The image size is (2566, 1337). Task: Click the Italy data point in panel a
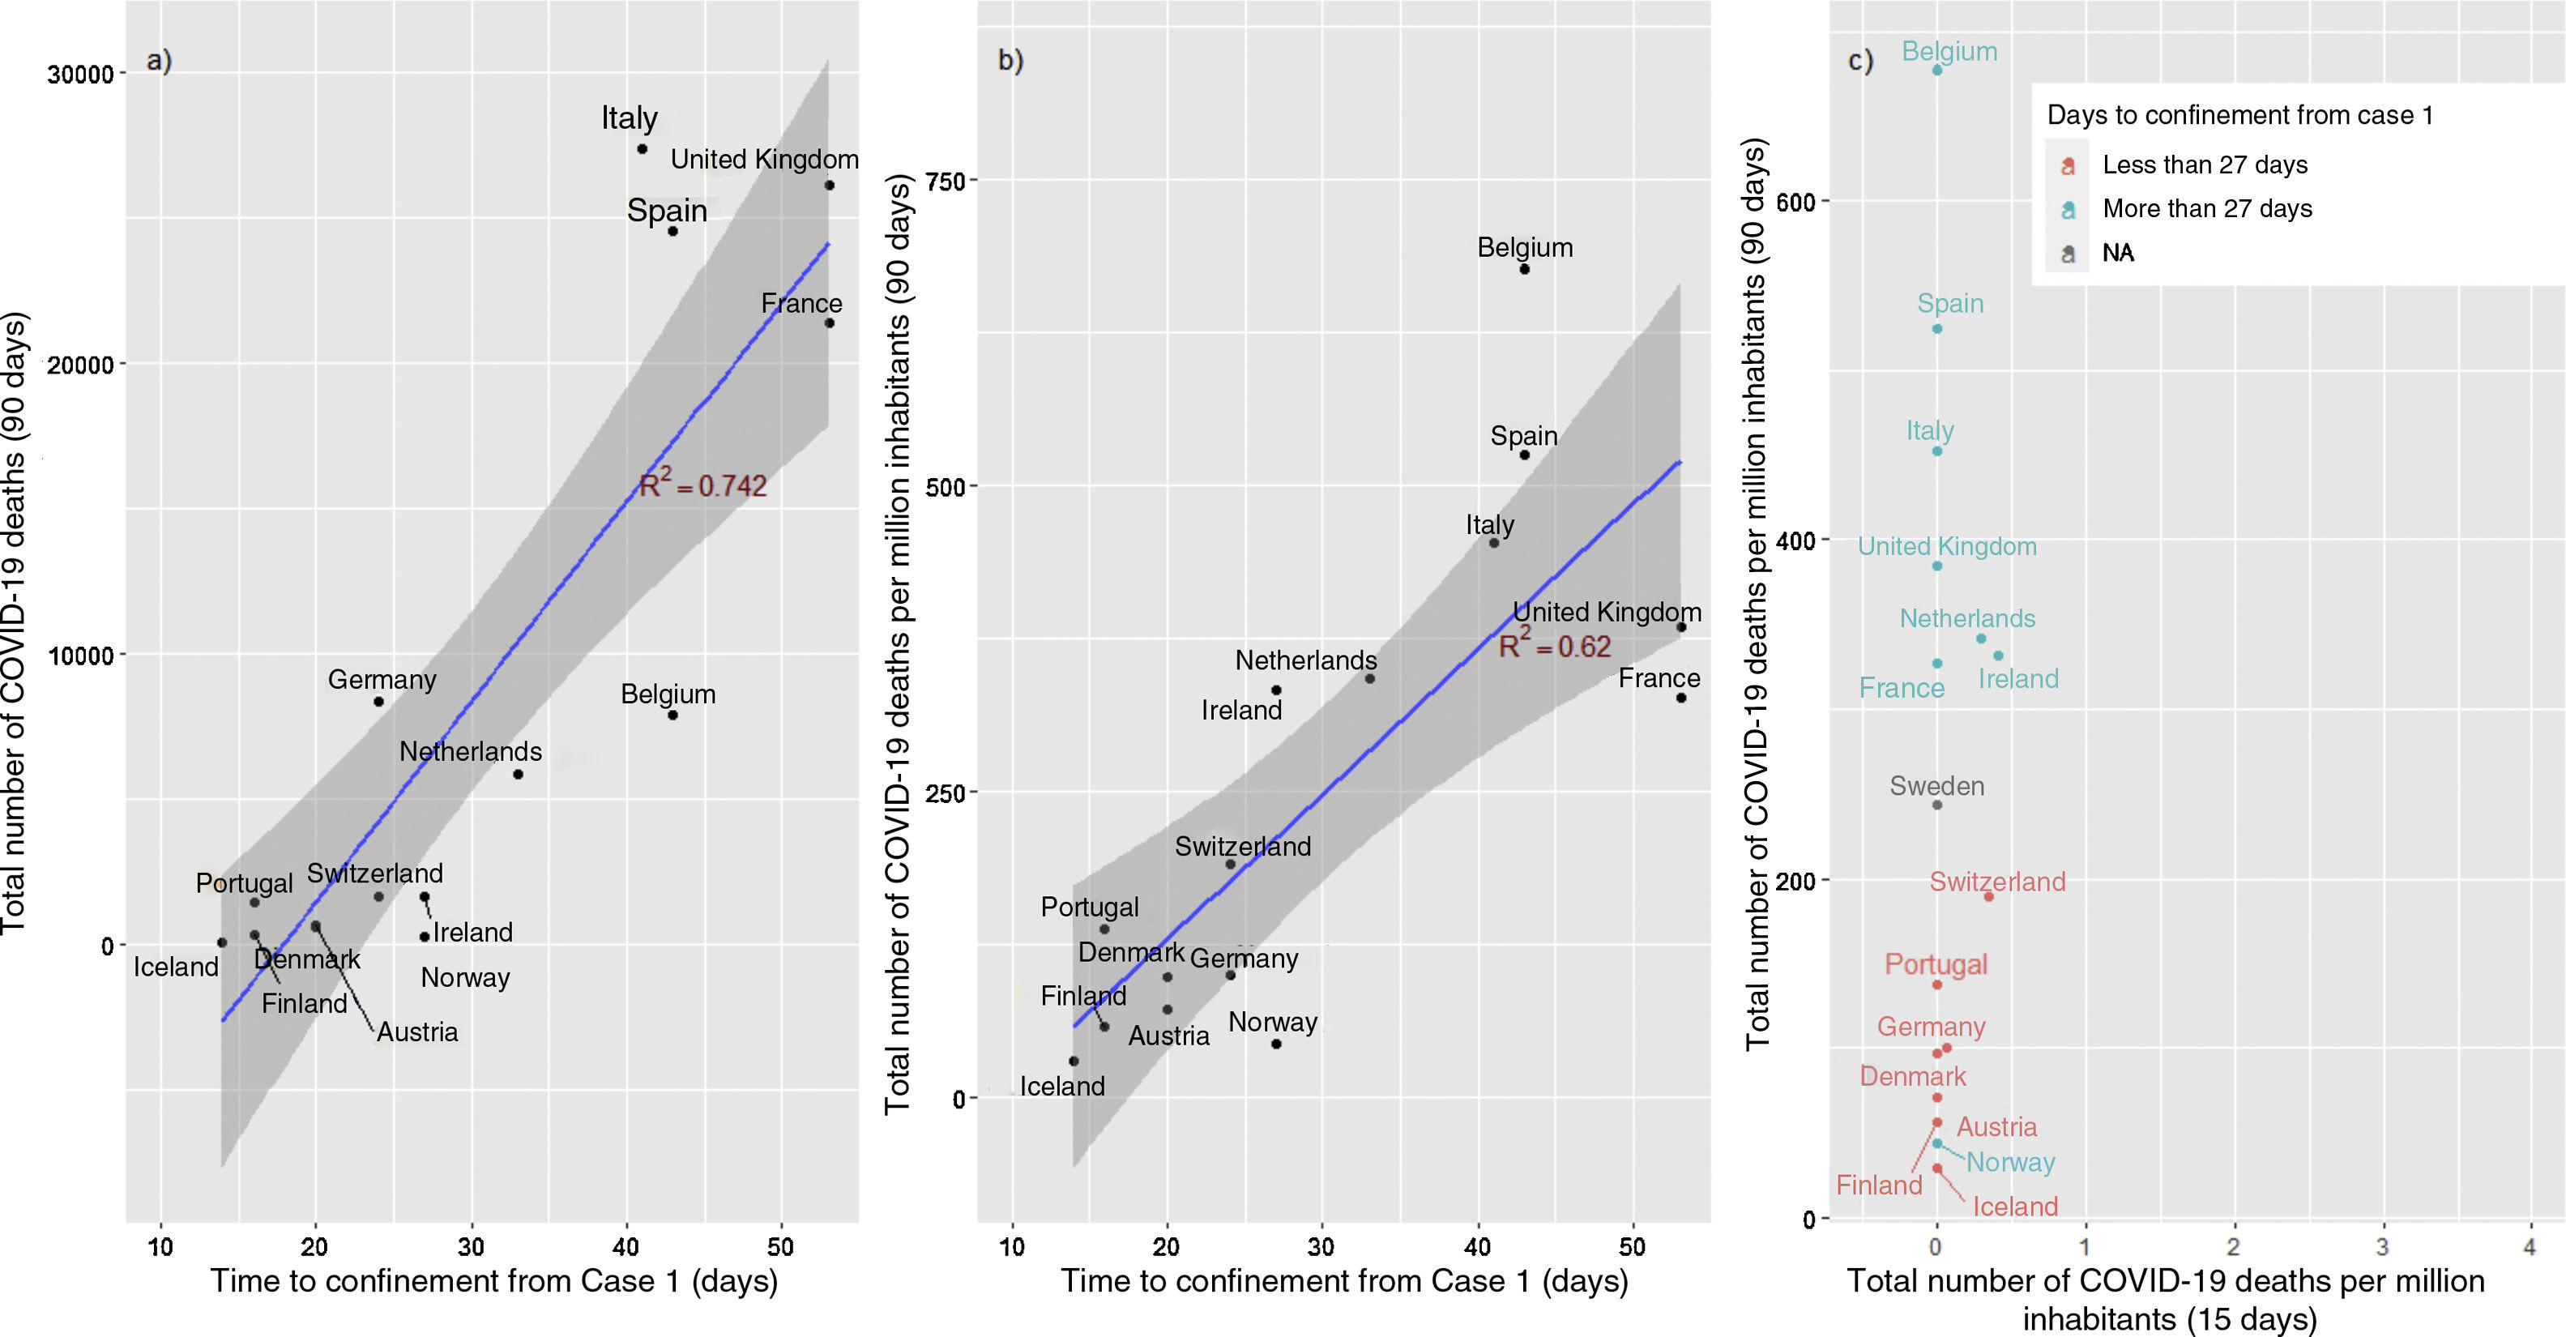point(643,149)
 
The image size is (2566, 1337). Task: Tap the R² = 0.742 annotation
point(702,485)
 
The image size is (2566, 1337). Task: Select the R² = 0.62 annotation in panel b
point(1554,646)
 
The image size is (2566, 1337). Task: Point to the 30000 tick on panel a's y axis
point(81,75)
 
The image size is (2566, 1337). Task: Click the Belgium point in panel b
point(1524,269)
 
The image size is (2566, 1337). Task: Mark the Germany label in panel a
point(382,680)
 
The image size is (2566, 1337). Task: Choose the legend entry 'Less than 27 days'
point(2205,165)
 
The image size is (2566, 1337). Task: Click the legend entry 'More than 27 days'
point(2206,209)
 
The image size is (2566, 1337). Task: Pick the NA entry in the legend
point(2118,253)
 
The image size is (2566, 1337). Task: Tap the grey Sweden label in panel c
point(1936,786)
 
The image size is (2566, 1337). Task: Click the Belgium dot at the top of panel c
point(1936,70)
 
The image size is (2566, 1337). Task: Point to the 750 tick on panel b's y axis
point(946,182)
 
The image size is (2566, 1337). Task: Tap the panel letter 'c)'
point(1859,62)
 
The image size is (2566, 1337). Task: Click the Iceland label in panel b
point(1062,1086)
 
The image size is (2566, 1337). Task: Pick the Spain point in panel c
point(1936,329)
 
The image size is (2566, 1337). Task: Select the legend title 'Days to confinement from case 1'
point(2239,116)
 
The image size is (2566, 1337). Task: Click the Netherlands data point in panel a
point(518,774)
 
